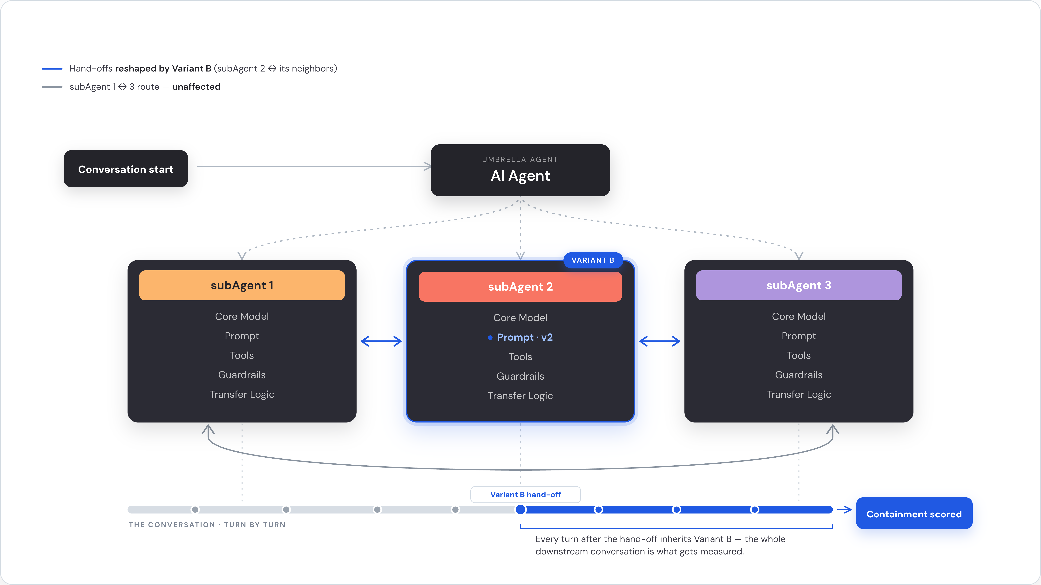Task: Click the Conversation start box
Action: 126,169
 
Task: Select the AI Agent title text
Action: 520,176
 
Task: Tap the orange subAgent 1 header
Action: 242,285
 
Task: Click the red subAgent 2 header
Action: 520,286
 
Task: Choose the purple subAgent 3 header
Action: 798,285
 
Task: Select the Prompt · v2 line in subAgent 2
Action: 520,337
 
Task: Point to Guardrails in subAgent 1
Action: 242,375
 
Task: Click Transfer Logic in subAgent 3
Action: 798,394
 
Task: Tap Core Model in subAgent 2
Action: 520,318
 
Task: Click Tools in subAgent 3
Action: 798,355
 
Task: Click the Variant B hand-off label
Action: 525,494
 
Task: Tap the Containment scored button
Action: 914,513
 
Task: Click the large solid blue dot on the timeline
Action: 520,509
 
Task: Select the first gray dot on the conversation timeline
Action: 195,509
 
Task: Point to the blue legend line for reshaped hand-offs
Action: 52,69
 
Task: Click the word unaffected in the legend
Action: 196,87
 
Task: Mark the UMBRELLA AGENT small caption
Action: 520,159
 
